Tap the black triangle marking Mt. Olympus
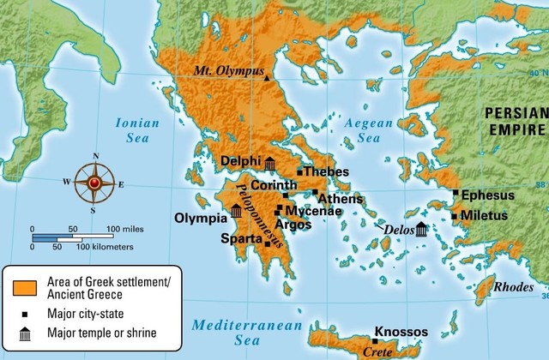pyautogui.click(x=267, y=78)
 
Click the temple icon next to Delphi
pyautogui.click(x=270, y=165)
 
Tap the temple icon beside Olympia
pyautogui.click(x=236, y=211)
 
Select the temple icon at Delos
pyautogui.click(x=421, y=229)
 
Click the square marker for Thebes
pyautogui.click(x=299, y=172)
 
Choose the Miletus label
pyautogui.click(x=484, y=215)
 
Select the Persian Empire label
pyautogui.click(x=514, y=121)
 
